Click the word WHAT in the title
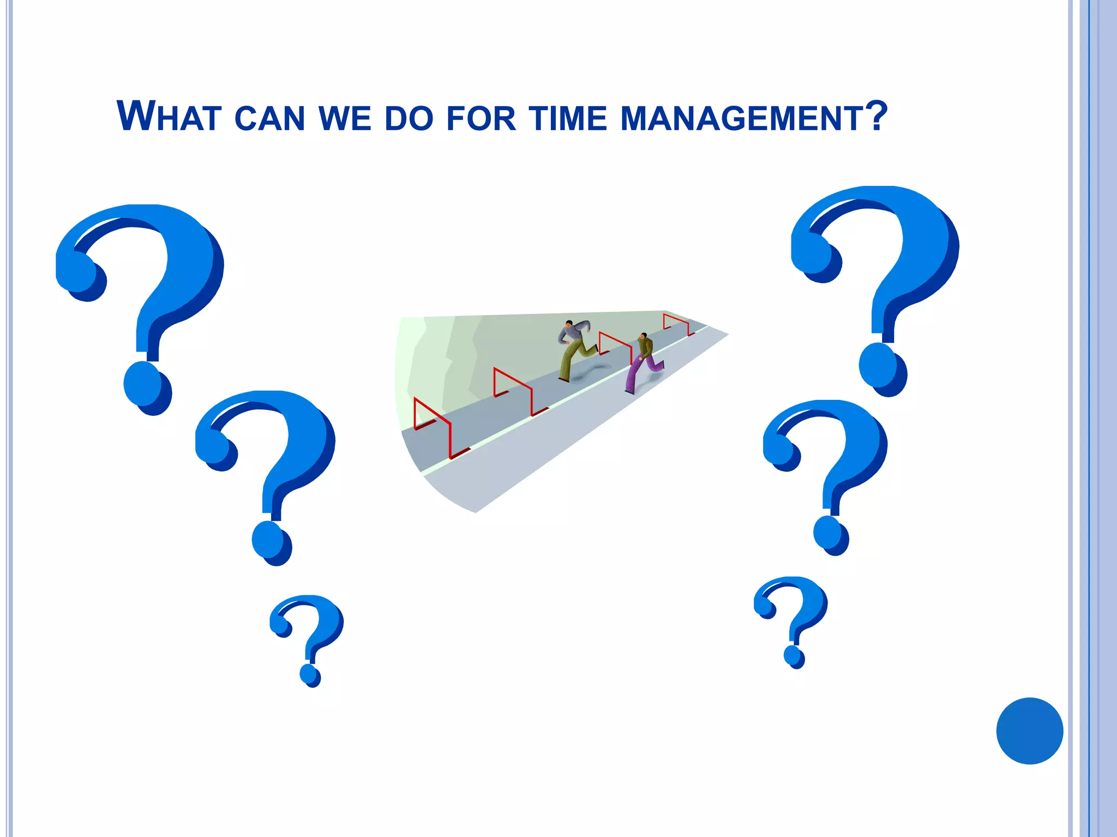(169, 117)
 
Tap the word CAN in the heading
(269, 119)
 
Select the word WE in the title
(345, 119)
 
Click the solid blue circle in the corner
(1029, 731)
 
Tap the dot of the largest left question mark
(146, 388)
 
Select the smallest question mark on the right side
(792, 618)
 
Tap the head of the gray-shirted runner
(569, 324)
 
